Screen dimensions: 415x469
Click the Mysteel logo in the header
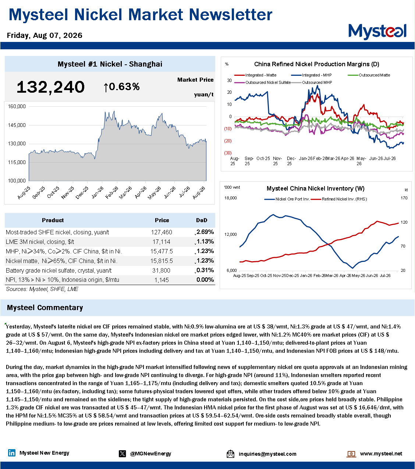click(x=377, y=32)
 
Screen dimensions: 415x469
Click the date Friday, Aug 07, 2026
click(x=45, y=35)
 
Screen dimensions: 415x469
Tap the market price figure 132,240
click(x=50, y=87)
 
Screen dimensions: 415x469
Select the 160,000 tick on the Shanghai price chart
click(x=17, y=106)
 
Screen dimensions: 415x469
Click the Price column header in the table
click(x=162, y=220)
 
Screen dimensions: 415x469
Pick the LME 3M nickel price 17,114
click(x=161, y=242)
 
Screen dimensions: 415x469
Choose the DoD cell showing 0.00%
click(x=205, y=280)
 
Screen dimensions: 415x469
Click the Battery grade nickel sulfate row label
click(x=58, y=270)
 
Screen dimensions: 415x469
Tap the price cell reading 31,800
click(x=161, y=270)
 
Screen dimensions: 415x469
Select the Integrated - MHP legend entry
click(x=312, y=75)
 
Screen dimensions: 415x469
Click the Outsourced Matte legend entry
click(x=369, y=75)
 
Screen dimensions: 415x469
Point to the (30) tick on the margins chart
click(x=228, y=153)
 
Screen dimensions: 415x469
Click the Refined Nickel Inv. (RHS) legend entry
click(x=339, y=199)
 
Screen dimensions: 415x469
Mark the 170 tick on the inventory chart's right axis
click(x=404, y=198)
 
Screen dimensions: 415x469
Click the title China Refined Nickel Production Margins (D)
click(x=316, y=64)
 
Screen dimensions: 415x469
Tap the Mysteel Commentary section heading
click(x=45, y=308)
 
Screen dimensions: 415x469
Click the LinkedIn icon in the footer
click(x=11, y=453)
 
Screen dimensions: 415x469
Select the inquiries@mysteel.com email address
click(x=267, y=454)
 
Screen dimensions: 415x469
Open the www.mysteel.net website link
click(x=381, y=454)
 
